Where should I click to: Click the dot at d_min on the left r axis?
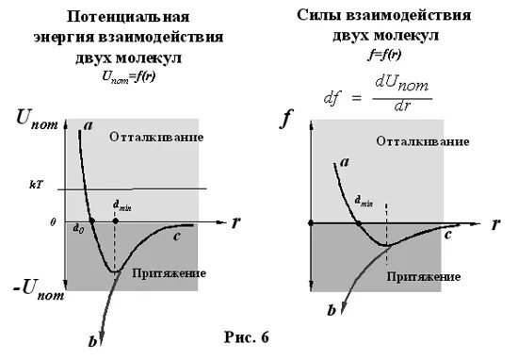click(x=115, y=221)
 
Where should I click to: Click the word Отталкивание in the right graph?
click(x=422, y=140)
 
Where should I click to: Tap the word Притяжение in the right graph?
click(x=423, y=279)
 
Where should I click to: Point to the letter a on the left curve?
click(x=88, y=123)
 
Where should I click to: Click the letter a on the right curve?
click(x=345, y=161)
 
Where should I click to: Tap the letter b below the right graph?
click(x=331, y=309)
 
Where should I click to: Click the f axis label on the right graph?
click(x=289, y=120)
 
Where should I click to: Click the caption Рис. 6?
click(x=248, y=337)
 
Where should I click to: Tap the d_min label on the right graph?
click(x=364, y=200)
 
